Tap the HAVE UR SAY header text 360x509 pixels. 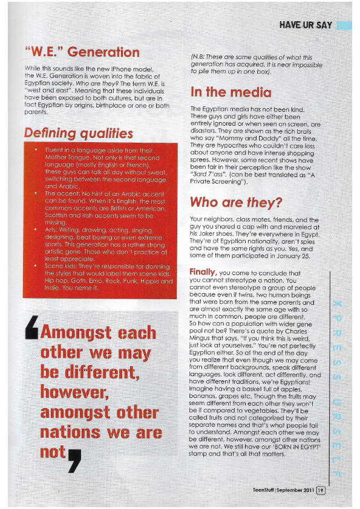point(306,25)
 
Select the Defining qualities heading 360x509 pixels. point(78,132)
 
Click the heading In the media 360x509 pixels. point(231,92)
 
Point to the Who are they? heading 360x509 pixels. point(235,202)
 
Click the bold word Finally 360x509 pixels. point(203,271)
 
